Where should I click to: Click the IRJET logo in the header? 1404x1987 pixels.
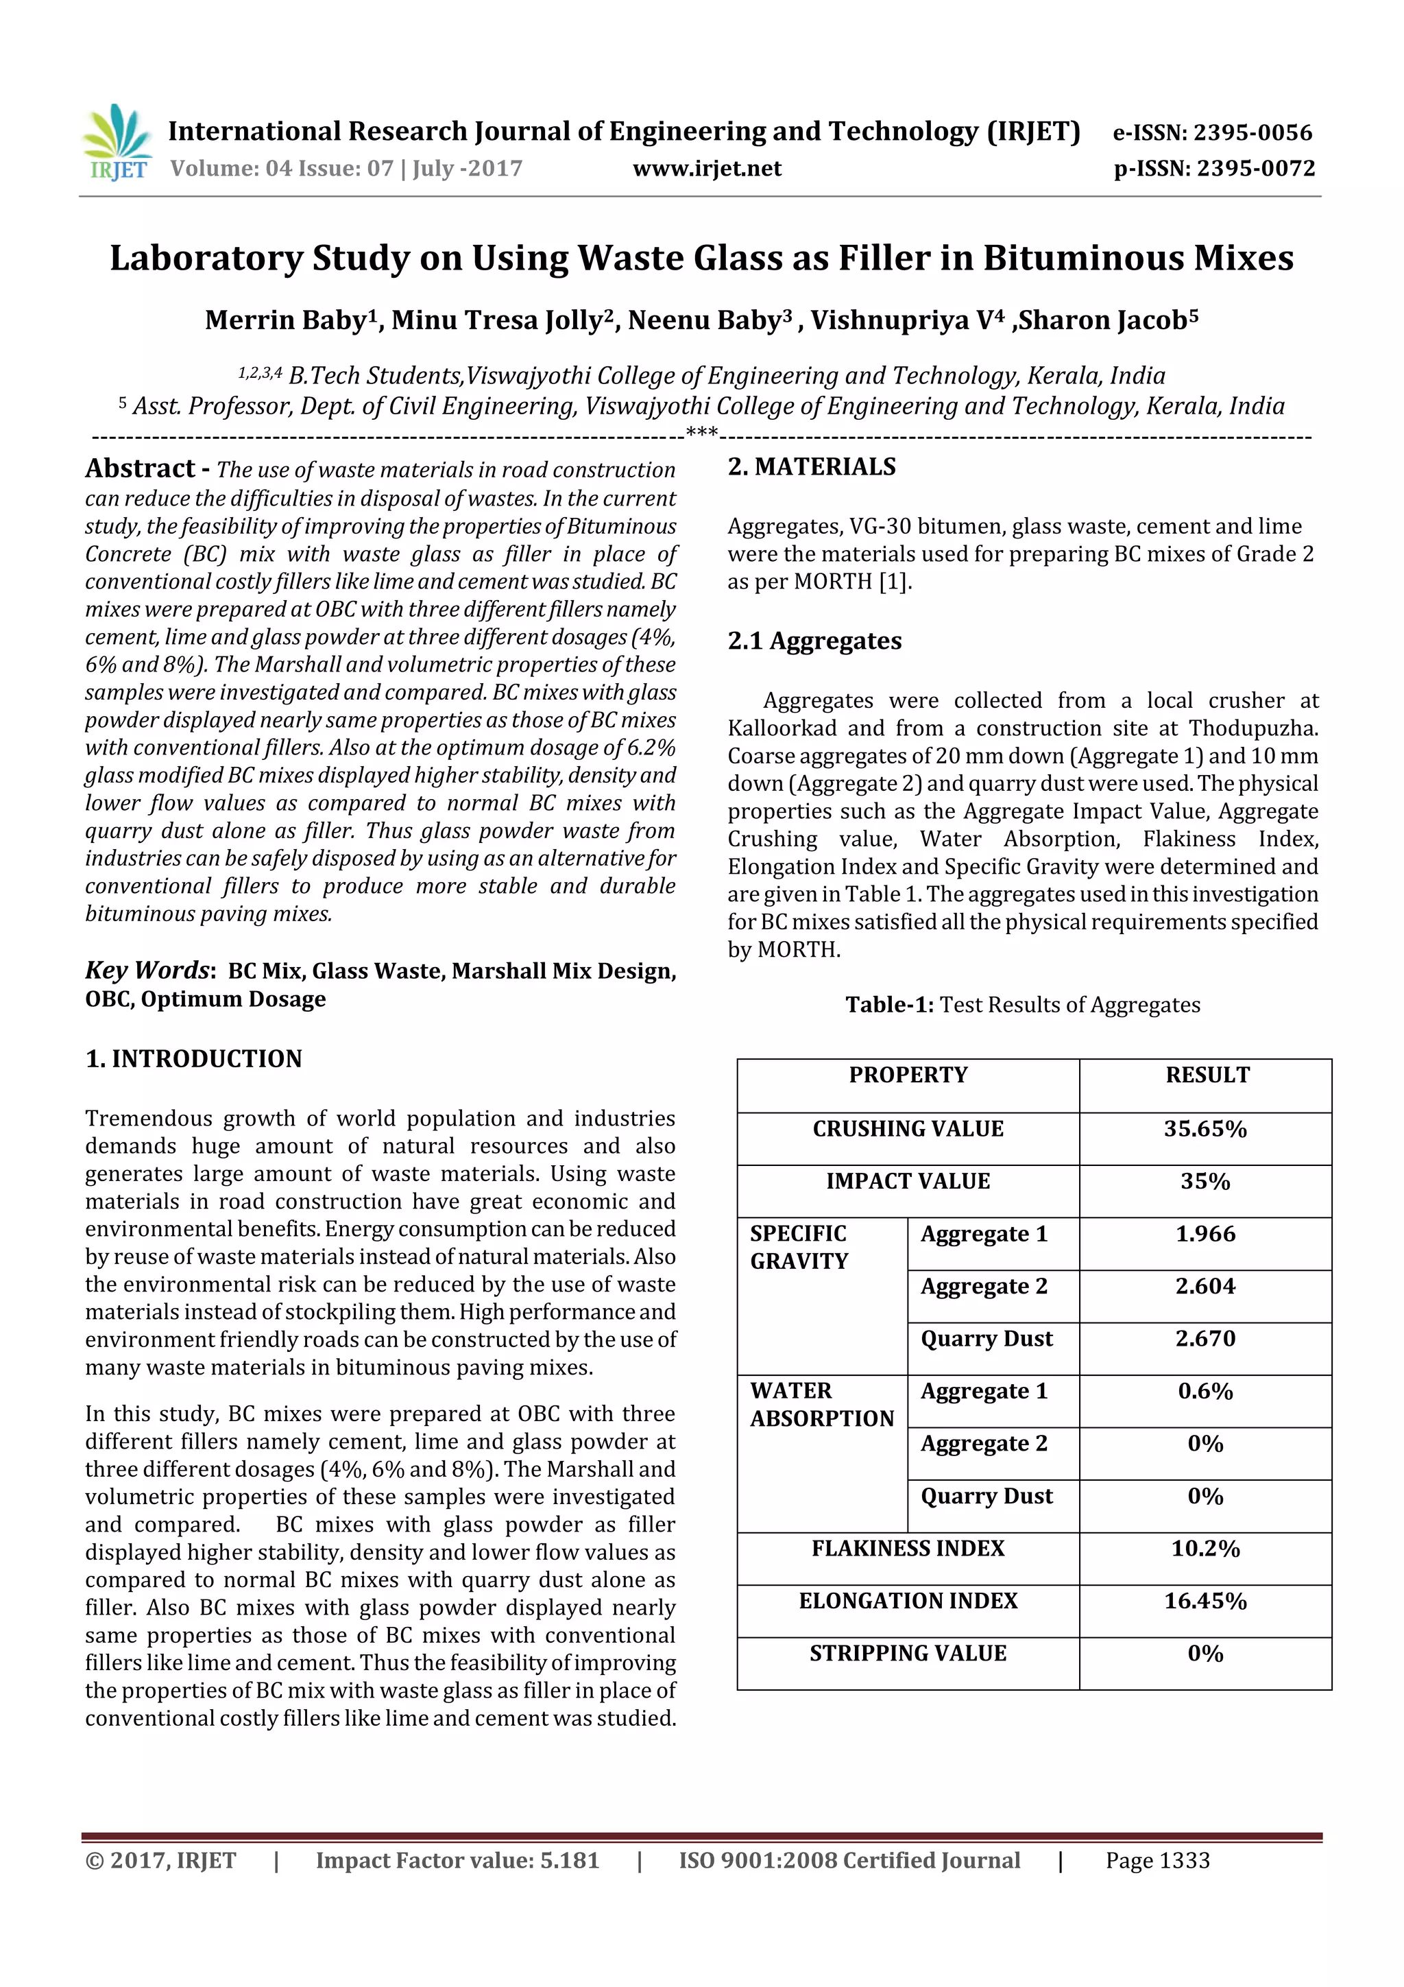(x=117, y=143)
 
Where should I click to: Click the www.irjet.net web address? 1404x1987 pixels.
(x=706, y=169)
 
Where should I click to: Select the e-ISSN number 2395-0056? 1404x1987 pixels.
(x=1252, y=132)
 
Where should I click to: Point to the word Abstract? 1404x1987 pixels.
(x=140, y=469)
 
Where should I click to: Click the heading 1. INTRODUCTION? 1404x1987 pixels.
(x=194, y=1058)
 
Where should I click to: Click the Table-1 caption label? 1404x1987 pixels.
(x=888, y=1005)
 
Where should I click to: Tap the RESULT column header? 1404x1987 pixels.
(x=1207, y=1075)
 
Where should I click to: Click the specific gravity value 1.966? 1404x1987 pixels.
(x=1205, y=1234)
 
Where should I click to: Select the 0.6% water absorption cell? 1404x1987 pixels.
(x=1205, y=1391)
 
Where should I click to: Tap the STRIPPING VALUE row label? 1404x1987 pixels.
(x=908, y=1653)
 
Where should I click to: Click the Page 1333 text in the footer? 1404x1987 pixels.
(x=1157, y=1861)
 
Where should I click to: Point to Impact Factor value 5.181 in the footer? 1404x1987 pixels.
(x=457, y=1861)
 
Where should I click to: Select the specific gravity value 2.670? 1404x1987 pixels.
(x=1205, y=1339)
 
